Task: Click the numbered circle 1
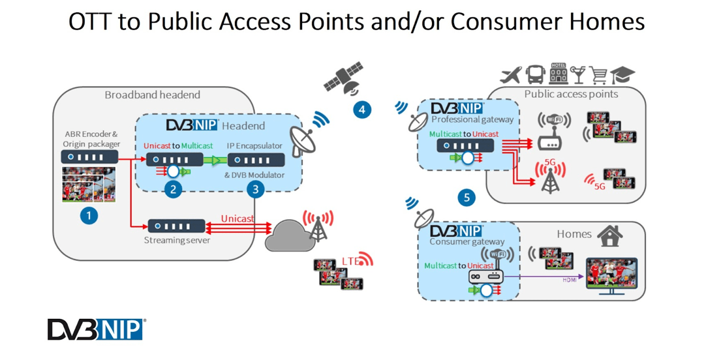[x=89, y=215]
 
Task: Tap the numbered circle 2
[x=173, y=190]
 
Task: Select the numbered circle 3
[x=255, y=190]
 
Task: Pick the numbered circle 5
[x=467, y=197]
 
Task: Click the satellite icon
[x=344, y=78]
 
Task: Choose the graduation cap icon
[x=624, y=75]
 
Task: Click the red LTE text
[x=351, y=262]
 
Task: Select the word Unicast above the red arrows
[x=238, y=218]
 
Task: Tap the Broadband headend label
[x=152, y=95]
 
